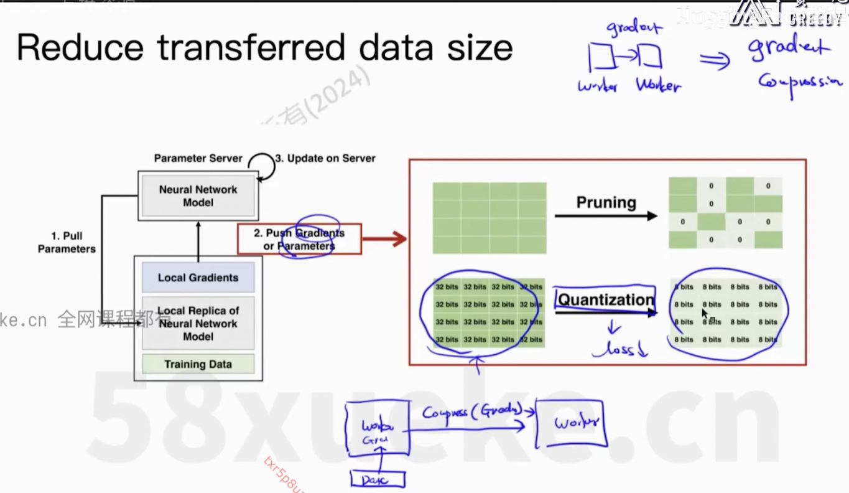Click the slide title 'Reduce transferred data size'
coord(264,48)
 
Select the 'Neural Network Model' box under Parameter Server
coord(198,196)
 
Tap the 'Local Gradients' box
coord(198,278)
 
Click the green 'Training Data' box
coord(198,364)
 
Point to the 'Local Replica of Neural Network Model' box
coord(198,324)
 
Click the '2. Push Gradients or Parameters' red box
coord(299,240)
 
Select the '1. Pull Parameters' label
coord(67,242)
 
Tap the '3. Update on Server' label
coord(325,158)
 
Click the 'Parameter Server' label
coord(198,158)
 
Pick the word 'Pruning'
coord(606,202)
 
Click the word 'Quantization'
coord(606,299)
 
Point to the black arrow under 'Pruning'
coord(606,216)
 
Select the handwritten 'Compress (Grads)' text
coord(471,412)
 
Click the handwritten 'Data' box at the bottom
coord(378,479)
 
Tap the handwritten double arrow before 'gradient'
coord(714,60)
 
